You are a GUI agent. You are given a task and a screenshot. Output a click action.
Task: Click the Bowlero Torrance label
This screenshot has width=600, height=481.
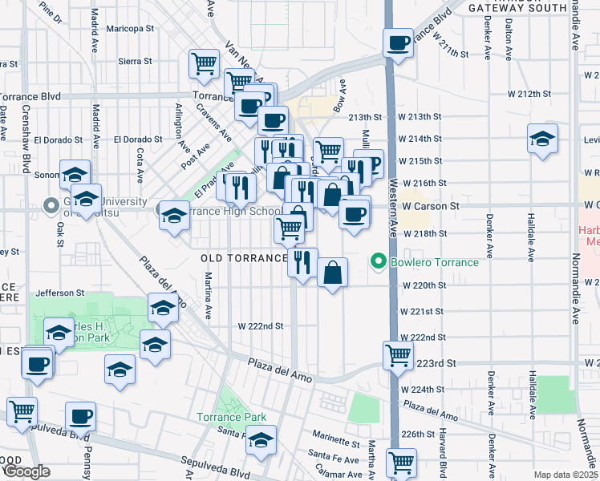pyautogui.click(x=436, y=262)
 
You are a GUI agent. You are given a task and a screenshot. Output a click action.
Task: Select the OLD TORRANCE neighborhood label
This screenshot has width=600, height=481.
pyautogui.click(x=243, y=258)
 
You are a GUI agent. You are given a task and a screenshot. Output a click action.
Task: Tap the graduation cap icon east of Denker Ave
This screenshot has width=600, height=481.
pyautogui.click(x=542, y=138)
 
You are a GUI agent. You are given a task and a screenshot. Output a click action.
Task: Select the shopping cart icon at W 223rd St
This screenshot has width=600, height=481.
pyautogui.click(x=398, y=354)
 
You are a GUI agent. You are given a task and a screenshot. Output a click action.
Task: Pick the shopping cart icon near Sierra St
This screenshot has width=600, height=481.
pyautogui.click(x=204, y=63)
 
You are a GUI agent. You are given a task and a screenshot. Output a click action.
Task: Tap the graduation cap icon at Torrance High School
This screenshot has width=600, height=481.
pyautogui.click(x=173, y=215)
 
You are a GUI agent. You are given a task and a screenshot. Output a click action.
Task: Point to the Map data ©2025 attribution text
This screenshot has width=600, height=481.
pyautogui.click(x=566, y=475)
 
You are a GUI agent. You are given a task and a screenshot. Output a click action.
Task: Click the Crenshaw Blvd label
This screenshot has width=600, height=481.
pyautogui.click(x=26, y=136)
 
